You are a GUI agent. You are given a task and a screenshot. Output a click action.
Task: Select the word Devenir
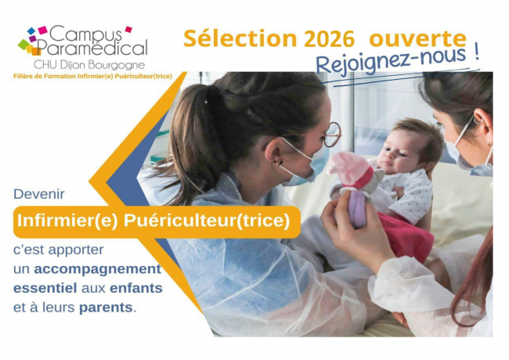tap(39, 193)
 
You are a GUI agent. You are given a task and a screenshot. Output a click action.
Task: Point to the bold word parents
tap(105, 307)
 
